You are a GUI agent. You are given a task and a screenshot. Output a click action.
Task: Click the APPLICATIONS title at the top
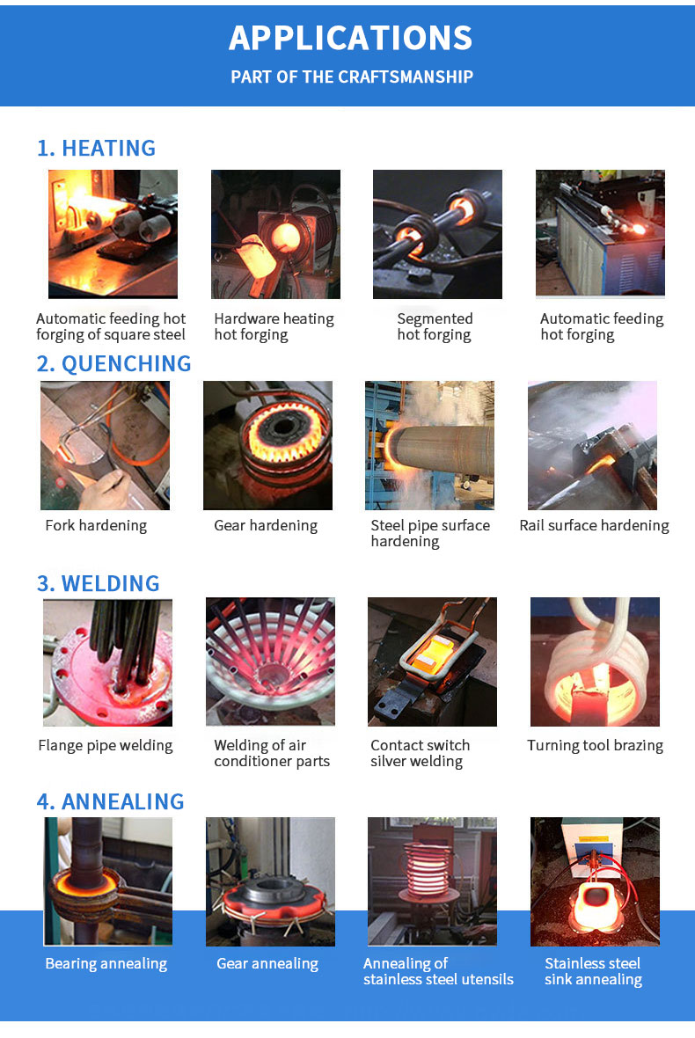(351, 38)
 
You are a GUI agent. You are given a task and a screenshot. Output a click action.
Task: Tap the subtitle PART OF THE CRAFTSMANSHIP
(352, 77)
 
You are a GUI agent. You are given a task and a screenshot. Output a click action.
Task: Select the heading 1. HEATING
(97, 148)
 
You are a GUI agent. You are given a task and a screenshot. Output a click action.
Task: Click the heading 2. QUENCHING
(113, 363)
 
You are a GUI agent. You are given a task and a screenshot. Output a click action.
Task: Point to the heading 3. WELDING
(98, 583)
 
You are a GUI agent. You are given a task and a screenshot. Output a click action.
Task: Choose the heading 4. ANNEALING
(111, 801)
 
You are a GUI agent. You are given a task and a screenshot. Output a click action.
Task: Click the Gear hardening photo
(267, 445)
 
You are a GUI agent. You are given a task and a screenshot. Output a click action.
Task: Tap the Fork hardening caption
(96, 526)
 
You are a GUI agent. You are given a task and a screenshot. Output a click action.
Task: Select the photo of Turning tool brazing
(595, 662)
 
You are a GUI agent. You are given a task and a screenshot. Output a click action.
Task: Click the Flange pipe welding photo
(107, 662)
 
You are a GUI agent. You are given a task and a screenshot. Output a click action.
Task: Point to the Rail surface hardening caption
(595, 526)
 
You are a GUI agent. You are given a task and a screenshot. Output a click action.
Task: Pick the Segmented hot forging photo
(437, 234)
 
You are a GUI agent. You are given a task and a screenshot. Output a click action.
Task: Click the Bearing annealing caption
(106, 964)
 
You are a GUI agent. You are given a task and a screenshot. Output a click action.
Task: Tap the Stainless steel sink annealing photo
(595, 881)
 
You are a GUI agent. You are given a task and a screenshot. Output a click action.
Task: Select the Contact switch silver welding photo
(432, 662)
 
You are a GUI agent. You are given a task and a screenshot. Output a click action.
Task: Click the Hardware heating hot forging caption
(274, 327)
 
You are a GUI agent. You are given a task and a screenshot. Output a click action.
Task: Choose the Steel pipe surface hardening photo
(429, 445)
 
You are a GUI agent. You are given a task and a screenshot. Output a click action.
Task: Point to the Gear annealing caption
(267, 964)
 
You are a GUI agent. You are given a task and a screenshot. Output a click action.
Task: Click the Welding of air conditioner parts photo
(270, 662)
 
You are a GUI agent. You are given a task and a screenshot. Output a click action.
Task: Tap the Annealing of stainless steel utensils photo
(432, 881)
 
